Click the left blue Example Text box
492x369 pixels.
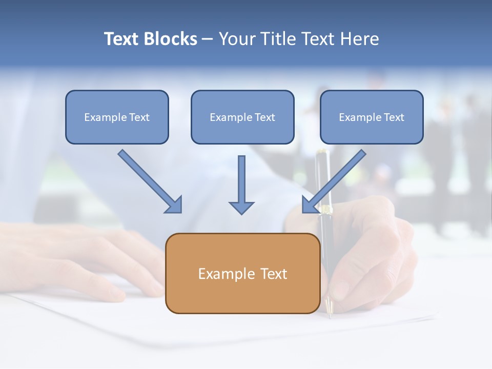coord(117,117)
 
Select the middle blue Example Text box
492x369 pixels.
coord(242,117)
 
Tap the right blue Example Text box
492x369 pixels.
coord(372,117)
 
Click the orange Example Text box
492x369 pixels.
coord(242,273)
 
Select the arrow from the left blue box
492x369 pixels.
coord(149,180)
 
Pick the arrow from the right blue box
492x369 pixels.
coord(335,180)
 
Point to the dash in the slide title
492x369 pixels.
coord(207,39)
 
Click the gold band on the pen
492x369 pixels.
coord(324,209)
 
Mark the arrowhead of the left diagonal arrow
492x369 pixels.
coord(174,205)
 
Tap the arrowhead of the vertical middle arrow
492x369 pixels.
coord(241,207)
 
